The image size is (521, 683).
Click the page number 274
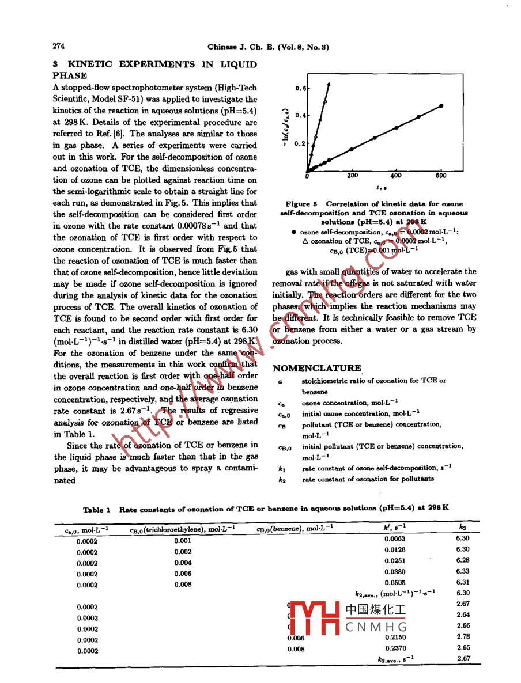click(58, 46)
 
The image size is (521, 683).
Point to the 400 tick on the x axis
click(397, 176)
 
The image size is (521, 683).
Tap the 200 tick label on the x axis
click(352, 176)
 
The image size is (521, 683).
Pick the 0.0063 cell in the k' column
click(395, 539)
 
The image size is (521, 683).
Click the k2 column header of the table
click(462, 527)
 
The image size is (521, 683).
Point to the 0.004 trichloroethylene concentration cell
click(183, 563)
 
